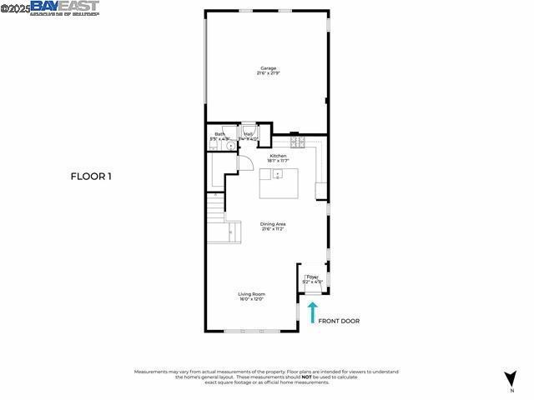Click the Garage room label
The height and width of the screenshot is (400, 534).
[x=268, y=68]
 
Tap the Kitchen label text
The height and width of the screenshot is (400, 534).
[x=277, y=155]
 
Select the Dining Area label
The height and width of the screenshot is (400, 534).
[x=273, y=224]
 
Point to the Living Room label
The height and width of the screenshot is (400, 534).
[x=251, y=293]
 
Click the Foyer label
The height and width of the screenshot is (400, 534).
[x=312, y=277]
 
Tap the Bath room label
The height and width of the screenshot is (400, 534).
[x=219, y=134]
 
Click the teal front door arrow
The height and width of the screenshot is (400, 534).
[x=313, y=312]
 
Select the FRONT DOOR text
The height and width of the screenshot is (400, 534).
[x=339, y=321]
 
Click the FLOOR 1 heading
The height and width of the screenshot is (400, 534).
[x=91, y=176]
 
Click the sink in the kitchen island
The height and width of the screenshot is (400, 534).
[x=278, y=174]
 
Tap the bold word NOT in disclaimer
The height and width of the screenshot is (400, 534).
[x=307, y=376]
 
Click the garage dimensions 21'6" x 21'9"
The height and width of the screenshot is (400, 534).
[x=268, y=74]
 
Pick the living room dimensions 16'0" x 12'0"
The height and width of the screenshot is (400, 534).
[x=251, y=299]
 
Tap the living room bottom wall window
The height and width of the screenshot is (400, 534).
[x=252, y=332]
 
